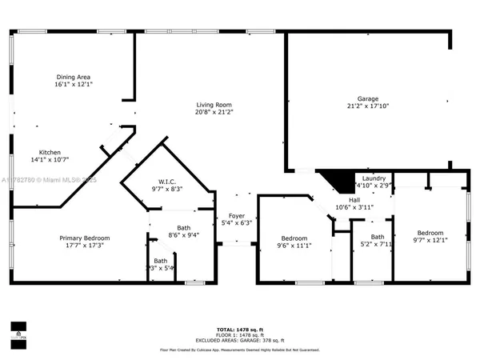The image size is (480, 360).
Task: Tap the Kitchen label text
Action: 51,152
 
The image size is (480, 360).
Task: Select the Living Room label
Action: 214,105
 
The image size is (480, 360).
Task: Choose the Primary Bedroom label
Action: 85,238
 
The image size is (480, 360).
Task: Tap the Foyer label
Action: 236,214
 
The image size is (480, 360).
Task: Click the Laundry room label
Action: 374,178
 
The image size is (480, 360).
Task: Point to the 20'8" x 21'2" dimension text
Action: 214,113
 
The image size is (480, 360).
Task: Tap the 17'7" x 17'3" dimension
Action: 85,246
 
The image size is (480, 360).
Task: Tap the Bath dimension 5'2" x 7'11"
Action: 377,245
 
